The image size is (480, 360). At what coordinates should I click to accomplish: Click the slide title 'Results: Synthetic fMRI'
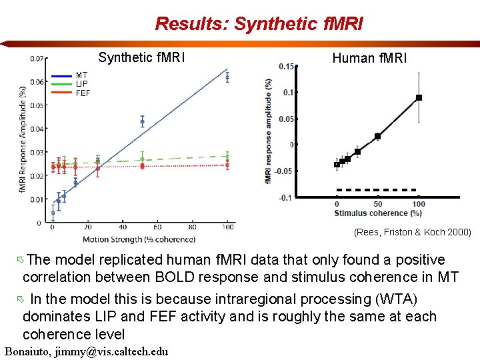pyautogui.click(x=259, y=24)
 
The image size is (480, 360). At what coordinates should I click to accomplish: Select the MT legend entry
pyautogui.click(x=81, y=75)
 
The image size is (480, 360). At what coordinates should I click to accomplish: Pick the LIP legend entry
pyautogui.click(x=81, y=84)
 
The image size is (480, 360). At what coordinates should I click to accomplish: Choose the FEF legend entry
pyautogui.click(x=83, y=93)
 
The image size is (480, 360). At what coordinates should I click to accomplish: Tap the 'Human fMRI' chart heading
pyautogui.click(x=369, y=58)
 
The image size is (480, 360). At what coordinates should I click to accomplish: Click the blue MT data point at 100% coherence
pyautogui.click(x=227, y=77)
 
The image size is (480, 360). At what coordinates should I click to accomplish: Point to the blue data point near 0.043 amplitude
pyautogui.click(x=142, y=121)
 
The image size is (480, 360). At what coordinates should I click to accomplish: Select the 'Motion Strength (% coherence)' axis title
pyautogui.click(x=139, y=239)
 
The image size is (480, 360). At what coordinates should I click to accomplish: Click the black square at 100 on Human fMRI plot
pyautogui.click(x=419, y=98)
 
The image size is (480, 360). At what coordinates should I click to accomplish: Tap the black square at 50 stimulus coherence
pyautogui.click(x=377, y=136)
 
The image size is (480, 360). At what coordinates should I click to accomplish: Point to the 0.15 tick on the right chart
pyautogui.click(x=286, y=66)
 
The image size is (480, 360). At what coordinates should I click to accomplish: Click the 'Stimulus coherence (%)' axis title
pyautogui.click(x=378, y=213)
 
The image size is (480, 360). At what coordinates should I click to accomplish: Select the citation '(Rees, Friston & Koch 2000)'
pyautogui.click(x=412, y=232)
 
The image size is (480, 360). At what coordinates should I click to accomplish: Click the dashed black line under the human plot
pyautogui.click(x=377, y=189)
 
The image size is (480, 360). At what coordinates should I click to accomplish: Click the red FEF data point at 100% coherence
pyautogui.click(x=227, y=163)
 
